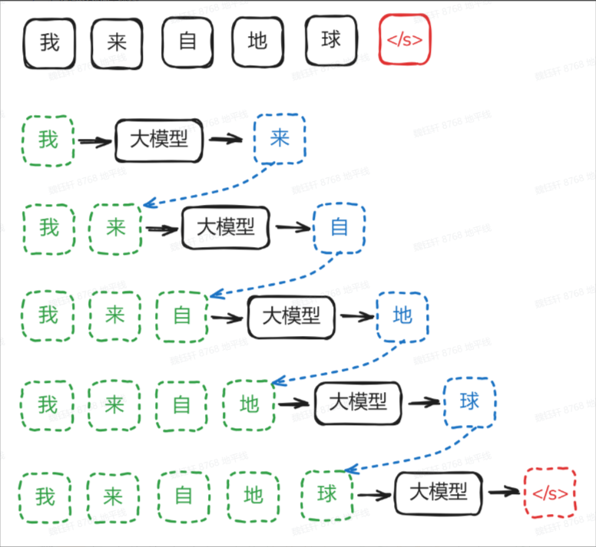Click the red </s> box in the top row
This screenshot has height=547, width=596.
coord(405,40)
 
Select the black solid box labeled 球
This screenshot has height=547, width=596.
coord(331,40)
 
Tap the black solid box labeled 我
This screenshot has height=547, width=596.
coord(49,40)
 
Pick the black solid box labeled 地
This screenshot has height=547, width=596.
coord(258,40)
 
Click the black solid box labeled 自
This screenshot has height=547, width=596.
coord(187,40)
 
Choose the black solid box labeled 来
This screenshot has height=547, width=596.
coord(117,40)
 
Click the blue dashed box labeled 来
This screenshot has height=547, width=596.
coord(280,139)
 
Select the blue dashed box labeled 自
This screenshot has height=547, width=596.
coord(339,227)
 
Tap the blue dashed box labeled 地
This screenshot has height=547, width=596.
coord(402,315)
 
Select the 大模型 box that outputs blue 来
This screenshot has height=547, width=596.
coord(159,140)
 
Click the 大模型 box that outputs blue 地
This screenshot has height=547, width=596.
coord(291,316)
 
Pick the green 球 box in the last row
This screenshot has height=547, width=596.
coord(326,494)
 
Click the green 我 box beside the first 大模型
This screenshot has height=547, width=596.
coord(48,140)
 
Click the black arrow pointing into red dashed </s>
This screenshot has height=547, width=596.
coord(503,493)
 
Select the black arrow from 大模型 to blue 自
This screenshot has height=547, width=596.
coord(293,227)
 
